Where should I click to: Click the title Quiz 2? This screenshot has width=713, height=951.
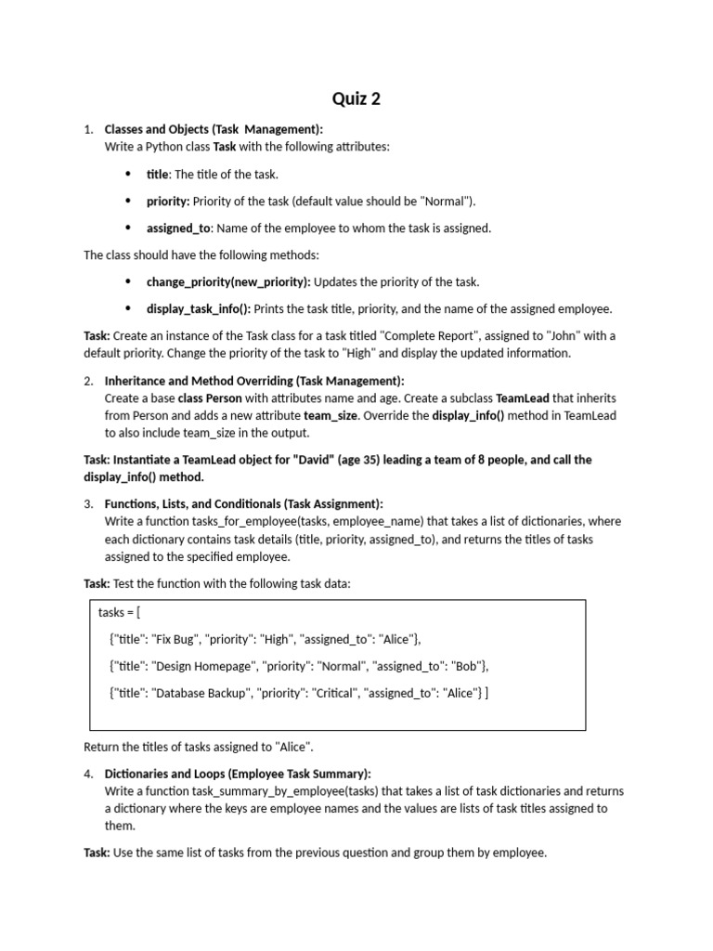click(x=356, y=98)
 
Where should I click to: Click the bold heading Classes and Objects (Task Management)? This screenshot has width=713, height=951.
click(x=214, y=129)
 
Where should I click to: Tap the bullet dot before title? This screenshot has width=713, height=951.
click(x=127, y=175)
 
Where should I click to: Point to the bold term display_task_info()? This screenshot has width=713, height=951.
click(x=198, y=309)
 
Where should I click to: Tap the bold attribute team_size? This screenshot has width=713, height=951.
click(x=331, y=416)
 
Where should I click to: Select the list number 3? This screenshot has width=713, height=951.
click(x=87, y=504)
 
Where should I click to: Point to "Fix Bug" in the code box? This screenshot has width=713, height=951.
click(x=174, y=639)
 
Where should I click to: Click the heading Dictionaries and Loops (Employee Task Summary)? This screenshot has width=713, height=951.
click(x=238, y=774)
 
